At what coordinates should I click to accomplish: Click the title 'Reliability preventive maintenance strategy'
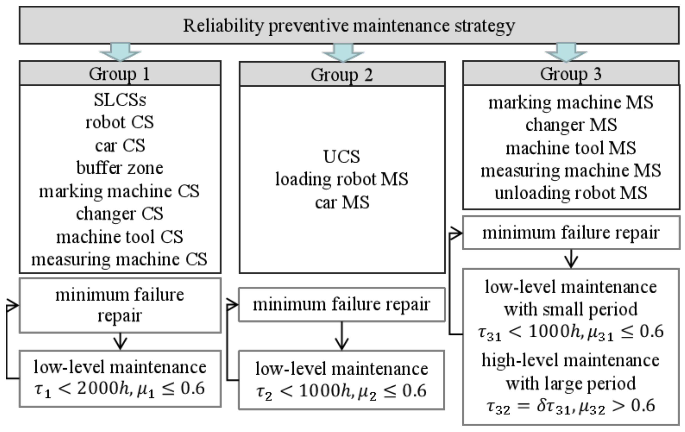pyautogui.click(x=349, y=26)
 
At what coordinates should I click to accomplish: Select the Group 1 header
pyautogui.click(x=120, y=74)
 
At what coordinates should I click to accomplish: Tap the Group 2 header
pyautogui.click(x=342, y=74)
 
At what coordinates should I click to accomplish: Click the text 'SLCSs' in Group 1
pyautogui.click(x=120, y=100)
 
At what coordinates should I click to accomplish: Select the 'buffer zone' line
pyautogui.click(x=120, y=168)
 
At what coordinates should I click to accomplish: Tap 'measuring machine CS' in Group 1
pyautogui.click(x=119, y=259)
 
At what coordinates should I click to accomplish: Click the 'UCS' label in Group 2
pyautogui.click(x=342, y=156)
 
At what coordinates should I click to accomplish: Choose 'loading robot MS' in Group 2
pyautogui.click(x=342, y=179)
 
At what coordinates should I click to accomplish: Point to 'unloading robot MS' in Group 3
pyautogui.click(x=571, y=193)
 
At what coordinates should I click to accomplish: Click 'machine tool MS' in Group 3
pyautogui.click(x=571, y=148)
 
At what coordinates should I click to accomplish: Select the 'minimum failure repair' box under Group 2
pyautogui.click(x=341, y=304)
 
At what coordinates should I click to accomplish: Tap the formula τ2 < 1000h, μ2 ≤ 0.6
pyautogui.click(x=341, y=391)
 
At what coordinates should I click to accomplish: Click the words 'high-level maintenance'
pyautogui.click(x=571, y=360)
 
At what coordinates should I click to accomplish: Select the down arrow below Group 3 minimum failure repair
pyautogui.click(x=571, y=259)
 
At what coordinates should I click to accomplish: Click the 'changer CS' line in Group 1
pyautogui.click(x=120, y=214)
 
